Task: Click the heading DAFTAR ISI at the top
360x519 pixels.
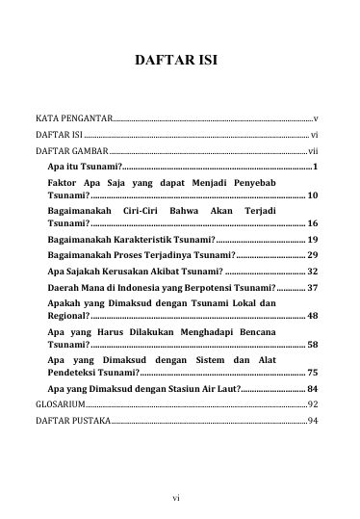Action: [179, 61]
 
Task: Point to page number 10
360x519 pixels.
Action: [313, 195]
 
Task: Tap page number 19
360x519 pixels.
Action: [313, 238]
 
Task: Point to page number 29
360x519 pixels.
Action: [313, 254]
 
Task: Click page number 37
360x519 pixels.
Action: [313, 288]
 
